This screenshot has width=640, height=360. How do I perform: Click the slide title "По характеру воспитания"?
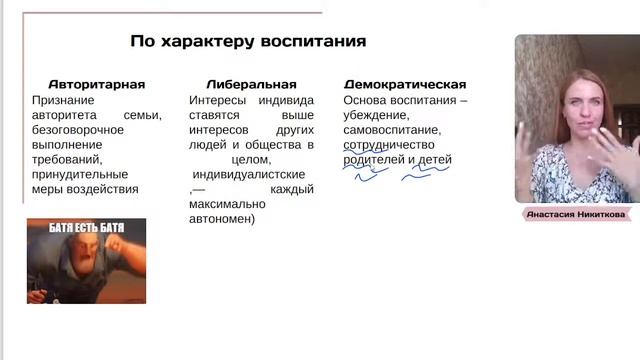point(248,42)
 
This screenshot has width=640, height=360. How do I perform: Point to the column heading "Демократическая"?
point(404,85)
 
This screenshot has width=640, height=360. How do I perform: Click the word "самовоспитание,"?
point(391,130)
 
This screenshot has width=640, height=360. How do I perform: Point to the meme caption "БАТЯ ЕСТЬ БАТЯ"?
point(86,227)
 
